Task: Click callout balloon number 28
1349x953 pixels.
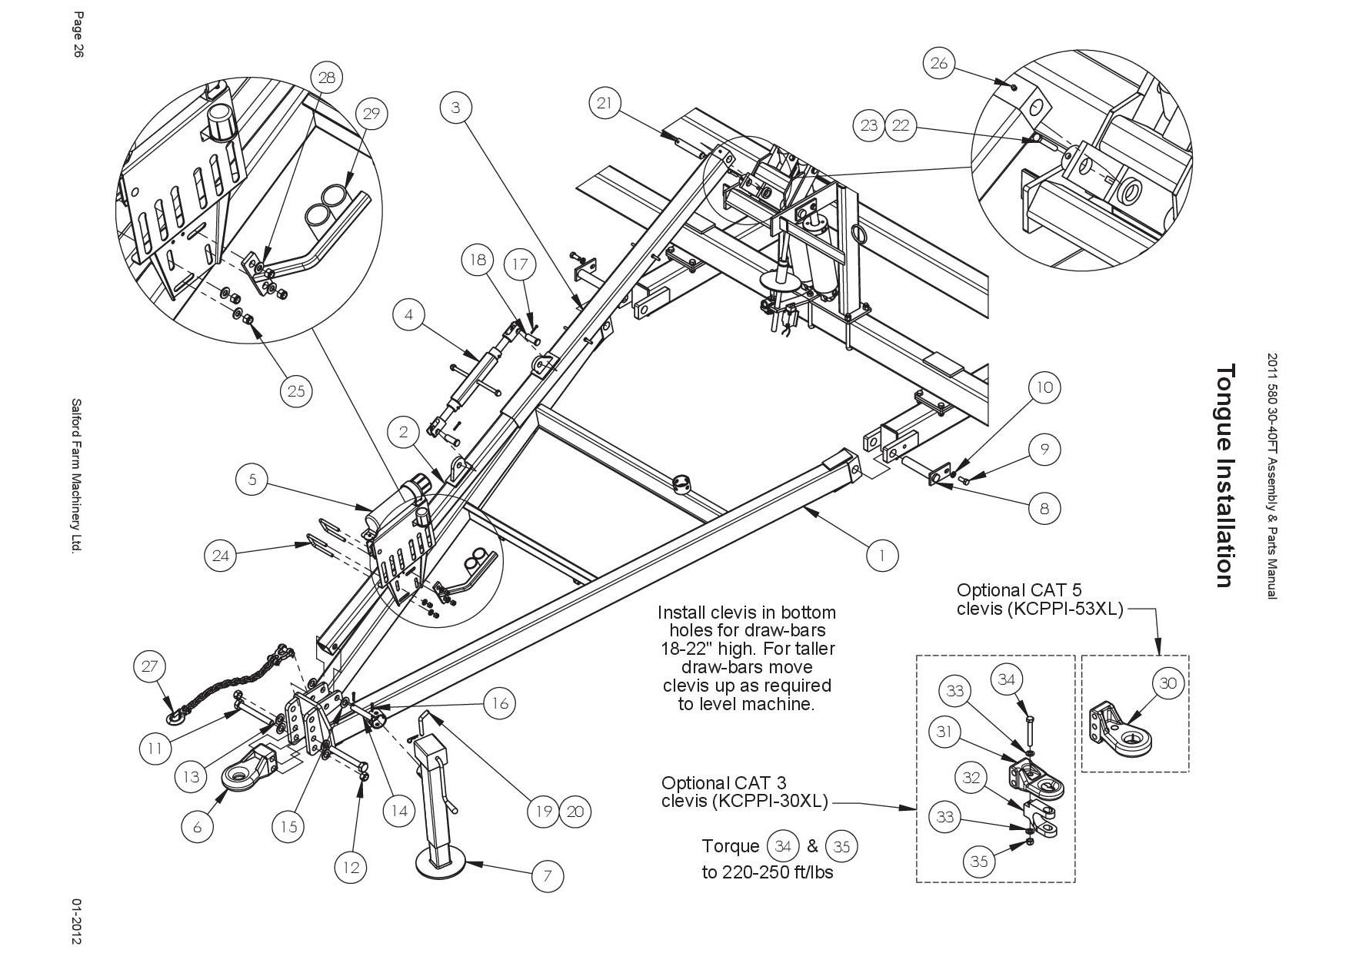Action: tap(327, 78)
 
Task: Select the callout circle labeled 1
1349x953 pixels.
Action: tap(882, 554)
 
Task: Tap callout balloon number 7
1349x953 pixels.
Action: tap(548, 875)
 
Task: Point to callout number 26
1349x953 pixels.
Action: tap(939, 63)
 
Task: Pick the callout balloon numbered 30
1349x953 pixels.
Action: tap(1167, 683)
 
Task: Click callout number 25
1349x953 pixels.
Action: tap(296, 391)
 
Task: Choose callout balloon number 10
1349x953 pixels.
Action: tap(1044, 387)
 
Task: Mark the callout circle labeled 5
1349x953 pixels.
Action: tap(252, 481)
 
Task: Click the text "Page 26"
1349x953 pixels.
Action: tap(78, 45)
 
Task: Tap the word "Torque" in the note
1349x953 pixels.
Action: tap(731, 846)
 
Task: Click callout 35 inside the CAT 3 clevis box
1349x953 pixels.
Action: tap(978, 862)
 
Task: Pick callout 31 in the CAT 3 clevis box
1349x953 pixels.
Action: tap(944, 732)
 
